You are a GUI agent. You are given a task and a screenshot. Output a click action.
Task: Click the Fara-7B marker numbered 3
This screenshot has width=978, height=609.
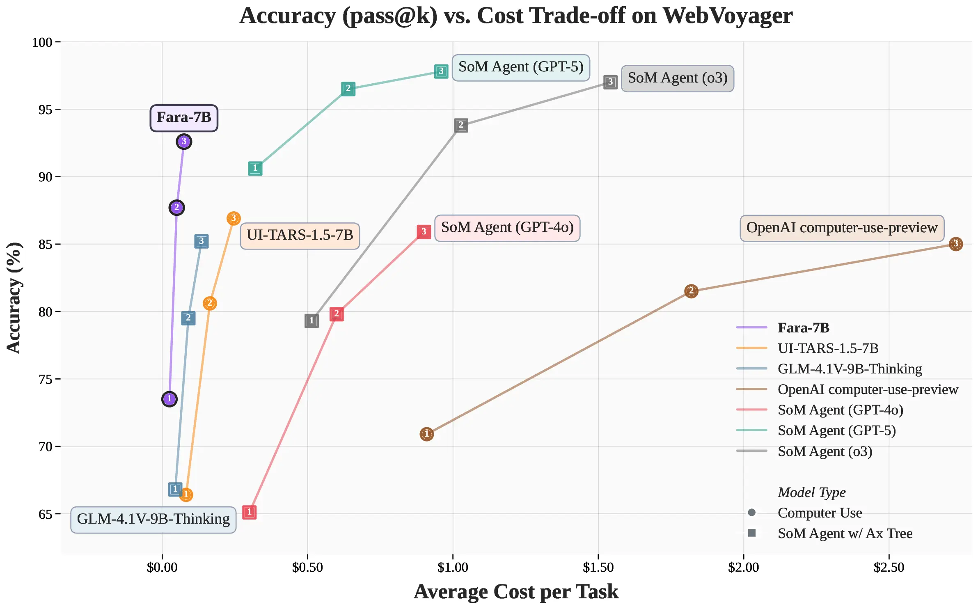pyautogui.click(x=184, y=142)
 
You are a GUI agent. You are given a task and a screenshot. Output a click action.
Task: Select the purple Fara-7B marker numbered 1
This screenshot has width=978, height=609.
pyautogui.click(x=169, y=399)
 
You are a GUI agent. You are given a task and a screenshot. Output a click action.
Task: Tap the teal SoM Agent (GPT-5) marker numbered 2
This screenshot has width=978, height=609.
pyautogui.click(x=348, y=89)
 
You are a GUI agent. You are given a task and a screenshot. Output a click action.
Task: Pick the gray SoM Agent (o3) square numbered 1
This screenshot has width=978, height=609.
pyautogui.click(x=312, y=321)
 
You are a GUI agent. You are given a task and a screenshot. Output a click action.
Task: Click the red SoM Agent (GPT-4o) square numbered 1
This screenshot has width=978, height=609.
pyautogui.click(x=249, y=512)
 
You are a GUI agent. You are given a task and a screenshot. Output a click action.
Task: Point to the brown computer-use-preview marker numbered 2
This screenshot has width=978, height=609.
pyautogui.click(x=691, y=291)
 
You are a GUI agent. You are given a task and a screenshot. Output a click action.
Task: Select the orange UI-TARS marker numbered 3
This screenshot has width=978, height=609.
pyautogui.click(x=234, y=218)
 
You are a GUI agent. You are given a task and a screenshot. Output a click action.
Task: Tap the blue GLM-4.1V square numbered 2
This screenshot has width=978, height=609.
pyautogui.click(x=188, y=318)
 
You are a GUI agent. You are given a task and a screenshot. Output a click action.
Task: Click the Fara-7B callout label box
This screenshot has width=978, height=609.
pyautogui.click(x=184, y=118)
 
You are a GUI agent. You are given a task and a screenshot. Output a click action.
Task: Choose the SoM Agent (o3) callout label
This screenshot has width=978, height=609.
pyautogui.click(x=677, y=78)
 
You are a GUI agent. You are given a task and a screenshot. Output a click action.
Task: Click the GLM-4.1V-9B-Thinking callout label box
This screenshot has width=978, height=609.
pyautogui.click(x=153, y=520)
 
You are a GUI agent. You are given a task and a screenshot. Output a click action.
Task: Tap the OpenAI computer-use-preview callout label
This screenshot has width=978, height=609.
pyautogui.click(x=842, y=228)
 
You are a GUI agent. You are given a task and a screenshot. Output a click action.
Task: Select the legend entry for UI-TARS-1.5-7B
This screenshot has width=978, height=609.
pyautogui.click(x=828, y=348)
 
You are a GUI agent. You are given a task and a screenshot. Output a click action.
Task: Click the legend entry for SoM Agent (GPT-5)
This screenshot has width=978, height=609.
pyautogui.click(x=836, y=430)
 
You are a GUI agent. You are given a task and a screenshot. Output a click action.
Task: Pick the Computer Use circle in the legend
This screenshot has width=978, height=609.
pyautogui.click(x=752, y=513)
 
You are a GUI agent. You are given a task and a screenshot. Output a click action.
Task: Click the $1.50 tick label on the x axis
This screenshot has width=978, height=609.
pyautogui.click(x=598, y=568)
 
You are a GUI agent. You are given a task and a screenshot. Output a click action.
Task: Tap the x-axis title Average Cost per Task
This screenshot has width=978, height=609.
pyautogui.click(x=516, y=592)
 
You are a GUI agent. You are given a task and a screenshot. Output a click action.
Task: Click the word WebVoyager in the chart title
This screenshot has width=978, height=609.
pyautogui.click(x=727, y=16)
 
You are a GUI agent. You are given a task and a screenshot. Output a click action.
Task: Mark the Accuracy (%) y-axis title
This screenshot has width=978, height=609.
pyautogui.click(x=14, y=298)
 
